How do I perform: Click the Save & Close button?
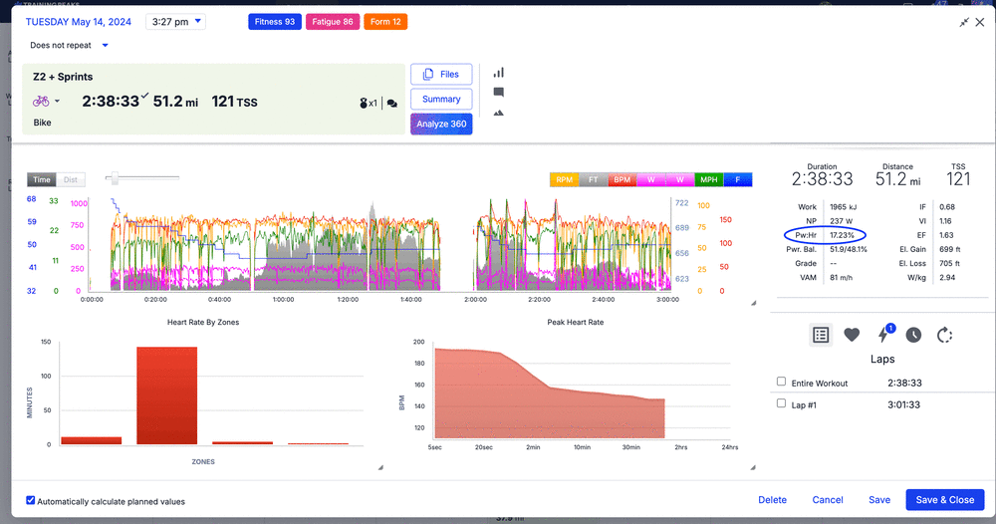[945, 500]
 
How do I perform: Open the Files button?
[440, 75]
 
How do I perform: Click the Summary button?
[440, 100]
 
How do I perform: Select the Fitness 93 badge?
[274, 22]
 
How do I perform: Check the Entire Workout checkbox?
[782, 382]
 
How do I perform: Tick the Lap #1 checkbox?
[782, 403]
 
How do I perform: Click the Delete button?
[772, 500]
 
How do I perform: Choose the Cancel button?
[828, 500]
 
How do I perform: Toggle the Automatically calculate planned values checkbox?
[31, 501]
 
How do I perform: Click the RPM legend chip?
[564, 180]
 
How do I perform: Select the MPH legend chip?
[709, 180]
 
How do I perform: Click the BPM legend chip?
[622, 180]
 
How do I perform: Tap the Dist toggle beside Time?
[71, 180]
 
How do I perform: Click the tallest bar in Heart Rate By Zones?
[167, 395]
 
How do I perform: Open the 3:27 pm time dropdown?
[175, 22]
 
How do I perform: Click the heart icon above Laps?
[852, 335]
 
